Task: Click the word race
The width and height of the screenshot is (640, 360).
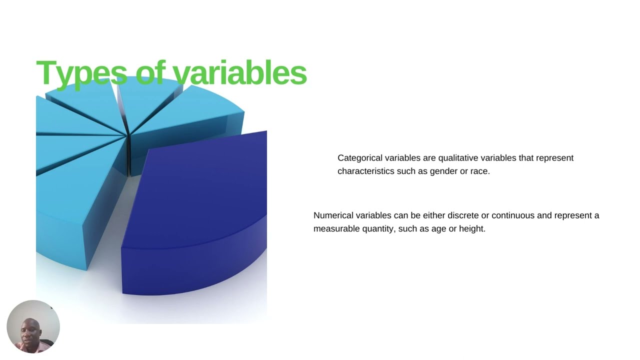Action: coord(479,171)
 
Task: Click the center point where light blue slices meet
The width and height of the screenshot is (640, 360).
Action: coord(127,134)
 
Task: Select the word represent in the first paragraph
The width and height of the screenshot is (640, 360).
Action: coord(554,158)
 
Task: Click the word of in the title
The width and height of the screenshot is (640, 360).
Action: coord(150,73)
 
